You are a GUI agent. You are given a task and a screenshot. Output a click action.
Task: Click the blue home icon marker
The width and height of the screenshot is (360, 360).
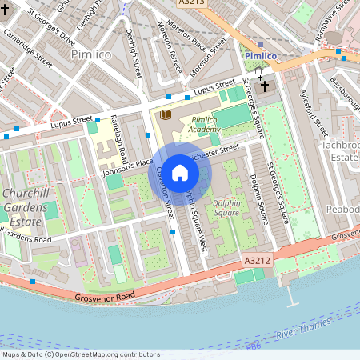[x=180, y=172]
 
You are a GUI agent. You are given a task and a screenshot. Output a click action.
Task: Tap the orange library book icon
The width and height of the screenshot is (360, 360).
[x=166, y=116]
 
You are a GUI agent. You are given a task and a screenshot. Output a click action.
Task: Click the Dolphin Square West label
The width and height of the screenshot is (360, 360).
[x=196, y=220]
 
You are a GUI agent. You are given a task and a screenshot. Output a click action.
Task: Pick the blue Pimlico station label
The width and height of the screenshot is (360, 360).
[x=260, y=56]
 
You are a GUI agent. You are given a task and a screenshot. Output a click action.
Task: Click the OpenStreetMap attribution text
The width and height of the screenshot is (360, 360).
[x=81, y=354]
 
